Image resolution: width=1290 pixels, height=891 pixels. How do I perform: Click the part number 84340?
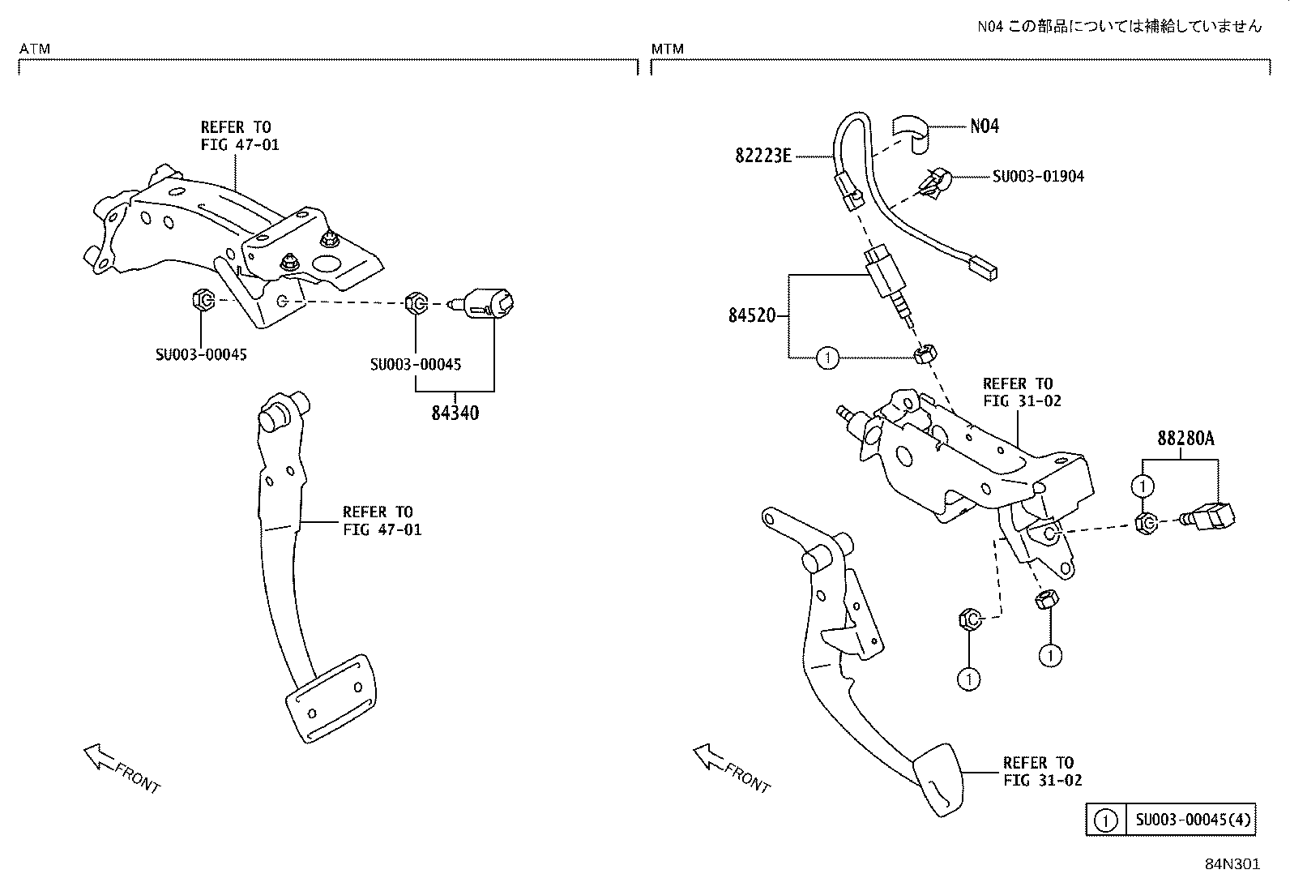455,413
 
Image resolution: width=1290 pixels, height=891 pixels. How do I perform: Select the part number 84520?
751,316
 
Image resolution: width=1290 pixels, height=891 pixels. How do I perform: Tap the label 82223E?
763,156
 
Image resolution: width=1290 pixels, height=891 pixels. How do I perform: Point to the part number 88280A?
1185,439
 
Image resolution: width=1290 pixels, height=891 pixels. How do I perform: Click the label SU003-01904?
1038,177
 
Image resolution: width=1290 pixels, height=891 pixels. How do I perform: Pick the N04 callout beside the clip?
985,126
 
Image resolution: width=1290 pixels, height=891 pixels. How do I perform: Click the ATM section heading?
35,49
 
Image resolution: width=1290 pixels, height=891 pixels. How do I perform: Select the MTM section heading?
668,49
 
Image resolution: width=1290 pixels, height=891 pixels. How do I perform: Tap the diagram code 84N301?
1232,864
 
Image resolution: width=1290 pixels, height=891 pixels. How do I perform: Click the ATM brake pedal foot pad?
331,698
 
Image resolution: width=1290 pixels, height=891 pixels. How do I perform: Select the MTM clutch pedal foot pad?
937,781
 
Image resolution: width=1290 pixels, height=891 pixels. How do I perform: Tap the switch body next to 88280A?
1207,516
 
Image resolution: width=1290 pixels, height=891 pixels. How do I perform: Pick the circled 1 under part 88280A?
1143,486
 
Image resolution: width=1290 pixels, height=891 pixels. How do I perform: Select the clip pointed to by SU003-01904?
934,182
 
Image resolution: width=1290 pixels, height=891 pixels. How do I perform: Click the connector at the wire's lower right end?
984,268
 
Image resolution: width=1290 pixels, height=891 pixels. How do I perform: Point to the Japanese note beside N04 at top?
1119,27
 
